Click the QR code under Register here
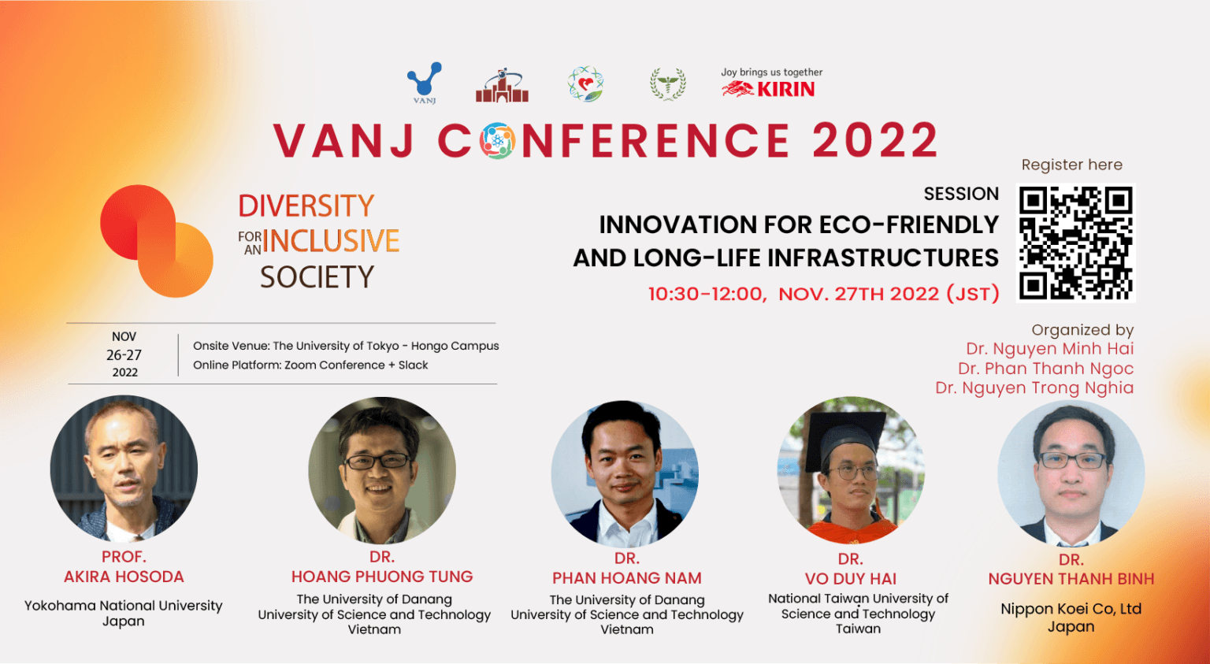click(1075, 243)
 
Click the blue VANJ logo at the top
click(425, 82)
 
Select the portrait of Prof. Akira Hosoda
click(124, 469)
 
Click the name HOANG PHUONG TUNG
click(382, 577)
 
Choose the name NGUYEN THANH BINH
click(1071, 579)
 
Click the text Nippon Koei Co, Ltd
click(1071, 609)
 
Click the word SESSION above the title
click(961, 194)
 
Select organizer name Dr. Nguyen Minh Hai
click(1049, 349)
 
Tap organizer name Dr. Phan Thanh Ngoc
click(1045, 369)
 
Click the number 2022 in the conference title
click(874, 141)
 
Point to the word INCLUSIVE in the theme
click(331, 241)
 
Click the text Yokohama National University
click(124, 606)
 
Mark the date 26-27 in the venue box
click(124, 355)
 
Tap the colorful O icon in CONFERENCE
click(497, 141)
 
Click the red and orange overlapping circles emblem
click(157, 241)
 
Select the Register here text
click(1071, 165)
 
